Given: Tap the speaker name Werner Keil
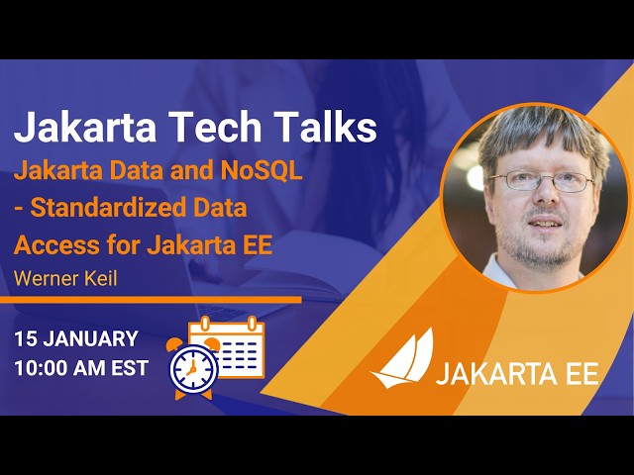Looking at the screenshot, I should [x=65, y=279].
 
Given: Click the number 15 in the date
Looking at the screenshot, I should [x=27, y=338].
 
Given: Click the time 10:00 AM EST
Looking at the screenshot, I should [x=81, y=368].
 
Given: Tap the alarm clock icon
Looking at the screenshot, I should [x=193, y=366].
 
